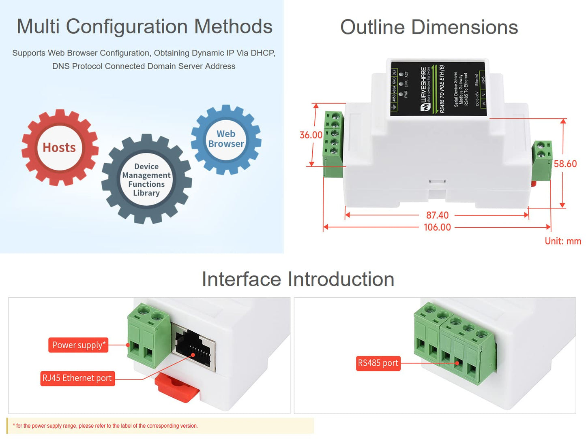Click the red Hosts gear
point(60,147)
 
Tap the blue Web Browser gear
point(226,139)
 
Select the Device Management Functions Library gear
point(146,179)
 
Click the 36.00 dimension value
point(311,135)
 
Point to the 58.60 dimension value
point(565,164)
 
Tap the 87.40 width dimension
point(437,215)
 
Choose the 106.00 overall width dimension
point(437,227)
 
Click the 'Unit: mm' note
point(562,241)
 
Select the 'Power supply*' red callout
point(78,345)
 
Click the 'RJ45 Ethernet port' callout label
point(77,378)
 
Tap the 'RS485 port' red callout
point(378,363)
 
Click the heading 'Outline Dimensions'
point(429,28)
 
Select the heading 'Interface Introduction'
point(298,279)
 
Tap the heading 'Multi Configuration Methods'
point(144,27)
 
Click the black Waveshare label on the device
point(438,88)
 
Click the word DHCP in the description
point(262,53)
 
